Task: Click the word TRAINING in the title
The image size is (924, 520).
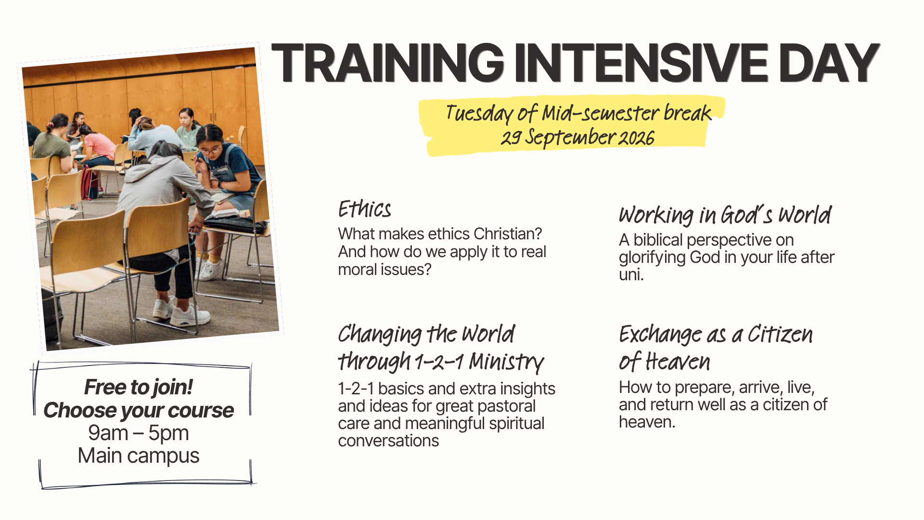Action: pos(388,63)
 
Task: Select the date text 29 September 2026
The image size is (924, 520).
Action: pos(577,137)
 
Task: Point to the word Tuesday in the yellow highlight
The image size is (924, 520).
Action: pos(479,114)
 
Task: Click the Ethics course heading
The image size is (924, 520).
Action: pos(364,209)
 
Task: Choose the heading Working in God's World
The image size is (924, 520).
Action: pos(725,215)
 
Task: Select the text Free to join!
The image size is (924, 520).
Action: pos(139,387)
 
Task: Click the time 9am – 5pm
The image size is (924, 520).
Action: pos(139,433)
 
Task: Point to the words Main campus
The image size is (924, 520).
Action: pos(139,455)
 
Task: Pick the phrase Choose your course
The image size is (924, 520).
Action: pos(139,410)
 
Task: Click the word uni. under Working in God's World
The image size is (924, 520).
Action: pos(631,274)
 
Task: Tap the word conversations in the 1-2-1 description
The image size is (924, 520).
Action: pos(388,441)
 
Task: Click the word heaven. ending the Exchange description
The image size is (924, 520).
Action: pos(647,422)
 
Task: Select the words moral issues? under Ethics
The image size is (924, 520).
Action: pos(385,270)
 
